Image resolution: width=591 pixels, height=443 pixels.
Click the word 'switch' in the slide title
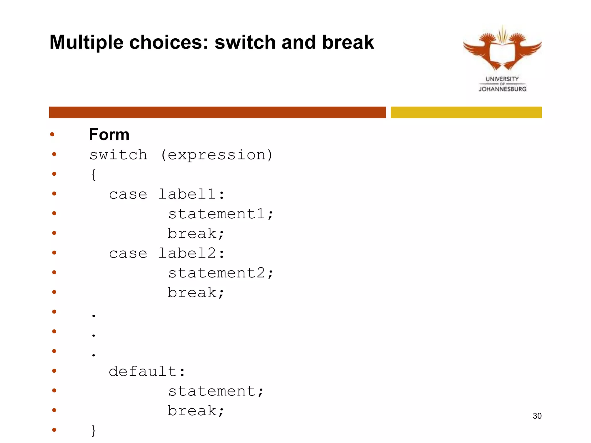(x=245, y=42)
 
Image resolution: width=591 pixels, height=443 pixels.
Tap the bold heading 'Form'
(x=109, y=134)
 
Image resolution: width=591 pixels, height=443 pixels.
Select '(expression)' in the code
(x=216, y=155)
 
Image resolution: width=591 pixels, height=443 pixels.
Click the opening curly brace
(x=93, y=175)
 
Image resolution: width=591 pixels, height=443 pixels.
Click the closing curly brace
(x=93, y=430)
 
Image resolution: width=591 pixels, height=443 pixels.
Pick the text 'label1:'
(x=191, y=194)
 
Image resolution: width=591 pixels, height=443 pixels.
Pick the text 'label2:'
(x=191, y=253)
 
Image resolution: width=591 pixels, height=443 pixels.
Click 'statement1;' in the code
(x=220, y=214)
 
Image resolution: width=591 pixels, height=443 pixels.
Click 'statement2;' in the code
(x=220, y=273)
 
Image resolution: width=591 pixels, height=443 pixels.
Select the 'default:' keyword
(x=147, y=371)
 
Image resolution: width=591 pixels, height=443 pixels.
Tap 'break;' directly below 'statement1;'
(x=196, y=234)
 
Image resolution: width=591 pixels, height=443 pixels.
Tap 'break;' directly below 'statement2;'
(x=196, y=293)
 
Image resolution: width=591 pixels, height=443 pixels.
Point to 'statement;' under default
(x=216, y=391)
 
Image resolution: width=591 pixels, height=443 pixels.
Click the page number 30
(x=537, y=416)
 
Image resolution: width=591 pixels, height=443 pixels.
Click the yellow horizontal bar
(x=466, y=112)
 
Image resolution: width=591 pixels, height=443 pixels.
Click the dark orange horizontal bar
(x=217, y=112)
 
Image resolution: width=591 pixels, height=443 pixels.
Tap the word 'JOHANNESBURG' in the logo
(x=502, y=89)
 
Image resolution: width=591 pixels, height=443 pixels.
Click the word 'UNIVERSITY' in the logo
(x=502, y=79)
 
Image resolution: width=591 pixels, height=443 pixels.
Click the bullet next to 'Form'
(x=52, y=134)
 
